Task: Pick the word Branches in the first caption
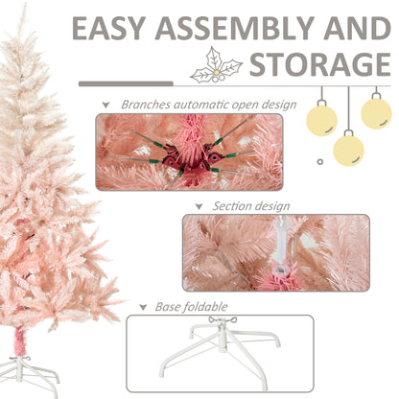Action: point(146,104)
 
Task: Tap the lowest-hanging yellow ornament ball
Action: point(349,150)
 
